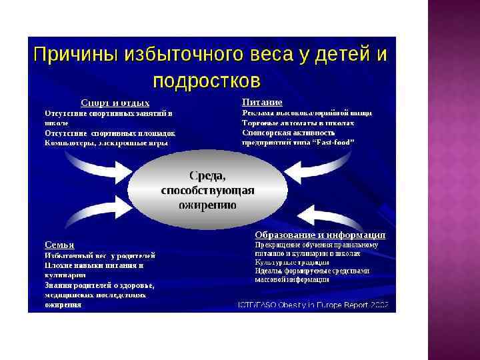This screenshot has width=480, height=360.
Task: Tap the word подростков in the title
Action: (x=206, y=81)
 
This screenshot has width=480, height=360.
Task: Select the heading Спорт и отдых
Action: (x=115, y=103)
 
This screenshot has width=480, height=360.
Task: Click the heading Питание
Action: (x=262, y=103)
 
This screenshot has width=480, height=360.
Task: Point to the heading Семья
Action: (x=59, y=245)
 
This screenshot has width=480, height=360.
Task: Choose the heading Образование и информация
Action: (x=320, y=235)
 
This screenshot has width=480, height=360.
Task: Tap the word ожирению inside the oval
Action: (x=208, y=205)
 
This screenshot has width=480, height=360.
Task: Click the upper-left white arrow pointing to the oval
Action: (x=107, y=169)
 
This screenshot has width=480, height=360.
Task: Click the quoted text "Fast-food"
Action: (x=333, y=142)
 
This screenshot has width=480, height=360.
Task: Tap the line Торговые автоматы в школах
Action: (x=298, y=123)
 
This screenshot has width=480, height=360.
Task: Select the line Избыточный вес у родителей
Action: (x=100, y=255)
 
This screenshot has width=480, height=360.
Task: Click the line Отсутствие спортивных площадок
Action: (x=110, y=133)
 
